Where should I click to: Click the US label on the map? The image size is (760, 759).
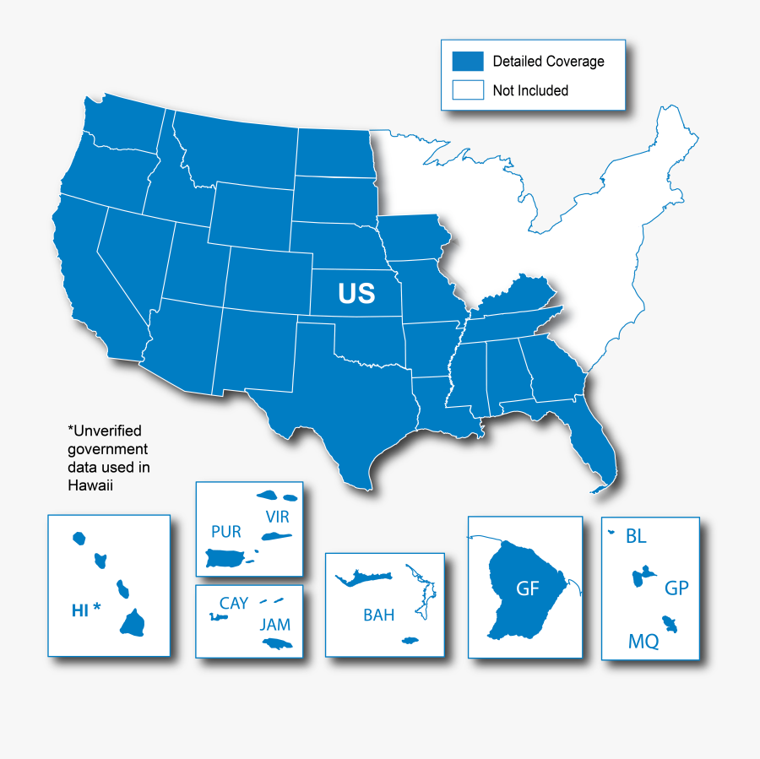pyautogui.click(x=356, y=293)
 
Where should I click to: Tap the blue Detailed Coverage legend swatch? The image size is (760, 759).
pyautogui.click(x=468, y=61)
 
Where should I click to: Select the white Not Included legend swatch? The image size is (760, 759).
pyautogui.click(x=468, y=90)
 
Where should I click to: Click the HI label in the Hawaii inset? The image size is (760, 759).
pyautogui.click(x=80, y=610)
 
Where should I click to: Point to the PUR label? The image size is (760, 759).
pyautogui.click(x=226, y=532)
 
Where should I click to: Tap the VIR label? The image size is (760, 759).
pyautogui.click(x=277, y=516)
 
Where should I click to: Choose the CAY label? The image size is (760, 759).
pyautogui.click(x=234, y=604)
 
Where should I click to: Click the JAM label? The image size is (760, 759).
pyautogui.click(x=275, y=625)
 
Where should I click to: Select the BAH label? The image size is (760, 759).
pyautogui.click(x=378, y=615)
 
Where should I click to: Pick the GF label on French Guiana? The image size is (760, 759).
pyautogui.click(x=528, y=588)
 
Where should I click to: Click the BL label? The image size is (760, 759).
pyautogui.click(x=636, y=535)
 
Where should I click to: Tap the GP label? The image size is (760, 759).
pyautogui.click(x=676, y=588)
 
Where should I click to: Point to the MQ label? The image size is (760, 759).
pyautogui.click(x=643, y=642)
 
